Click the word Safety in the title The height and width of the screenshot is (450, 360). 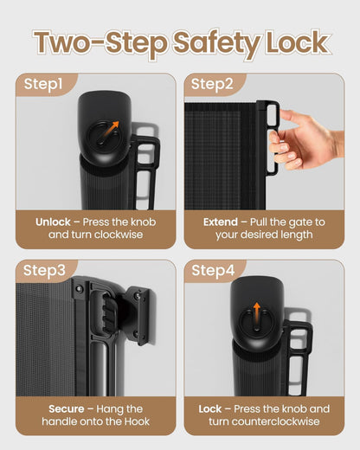point(216,44)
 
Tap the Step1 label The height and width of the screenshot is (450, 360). point(43,84)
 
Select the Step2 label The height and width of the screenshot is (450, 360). point(212,84)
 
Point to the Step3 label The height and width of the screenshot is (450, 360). point(44,271)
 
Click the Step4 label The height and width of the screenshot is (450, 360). point(213,271)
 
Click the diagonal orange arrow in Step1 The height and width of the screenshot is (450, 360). point(108,132)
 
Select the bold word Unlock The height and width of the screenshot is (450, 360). point(53,222)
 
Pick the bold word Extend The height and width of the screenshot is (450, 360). point(221,222)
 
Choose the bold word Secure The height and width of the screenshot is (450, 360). point(67,409)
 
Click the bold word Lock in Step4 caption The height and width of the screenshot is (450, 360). point(210,409)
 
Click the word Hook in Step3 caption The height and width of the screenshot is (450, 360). point(137,421)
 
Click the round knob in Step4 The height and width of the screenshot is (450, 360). point(257,323)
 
